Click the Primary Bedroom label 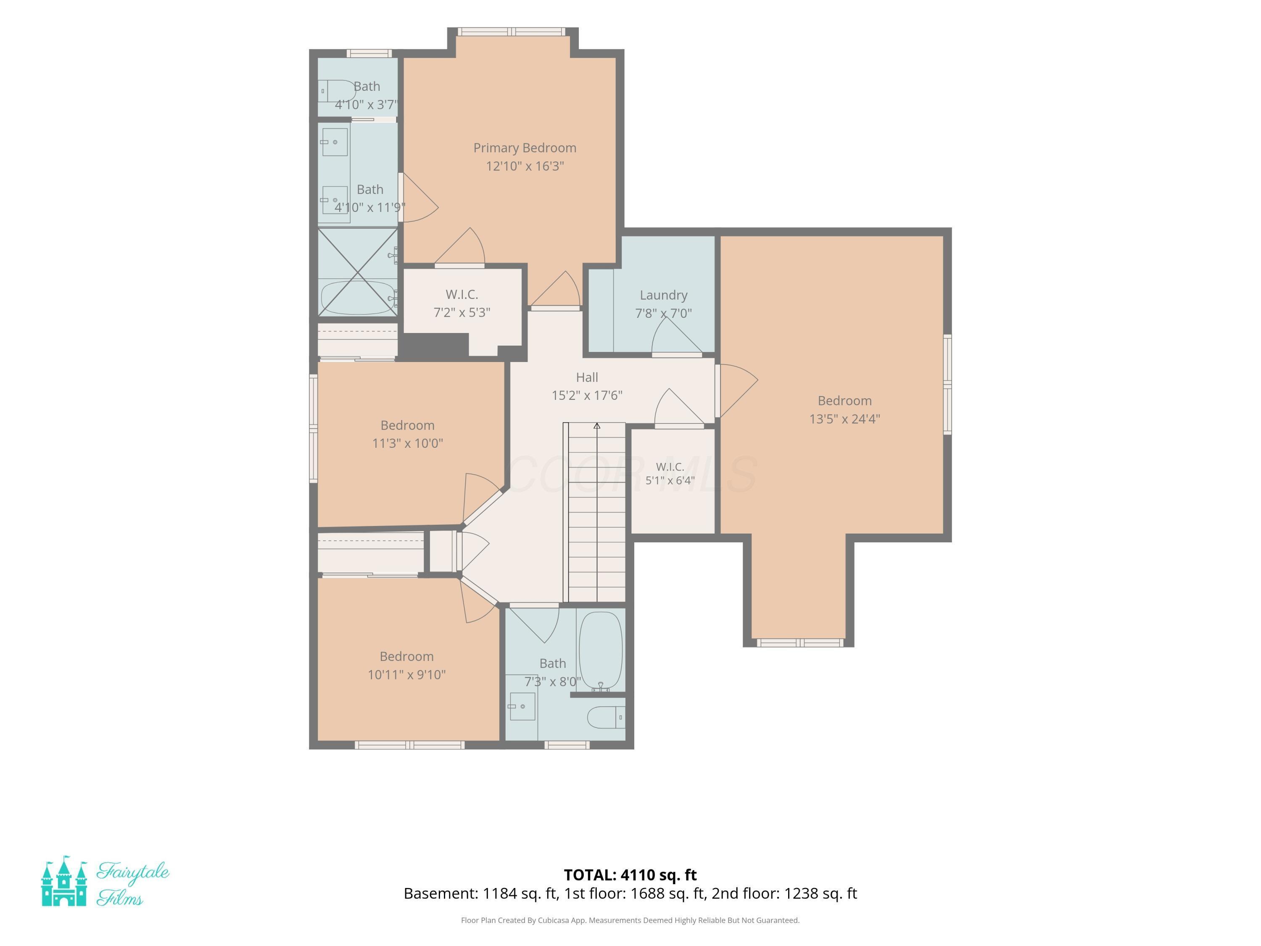[x=525, y=148]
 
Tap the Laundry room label [x=664, y=295]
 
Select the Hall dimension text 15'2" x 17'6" [x=587, y=395]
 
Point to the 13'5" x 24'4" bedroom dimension [x=844, y=418]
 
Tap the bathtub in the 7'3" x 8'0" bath [x=600, y=650]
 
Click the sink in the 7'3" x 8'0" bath [x=522, y=706]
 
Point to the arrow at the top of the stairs [x=597, y=425]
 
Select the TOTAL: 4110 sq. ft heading [x=630, y=874]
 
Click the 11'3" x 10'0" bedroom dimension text [x=407, y=443]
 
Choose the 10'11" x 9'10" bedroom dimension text [x=406, y=674]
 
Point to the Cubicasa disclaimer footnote [x=630, y=920]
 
